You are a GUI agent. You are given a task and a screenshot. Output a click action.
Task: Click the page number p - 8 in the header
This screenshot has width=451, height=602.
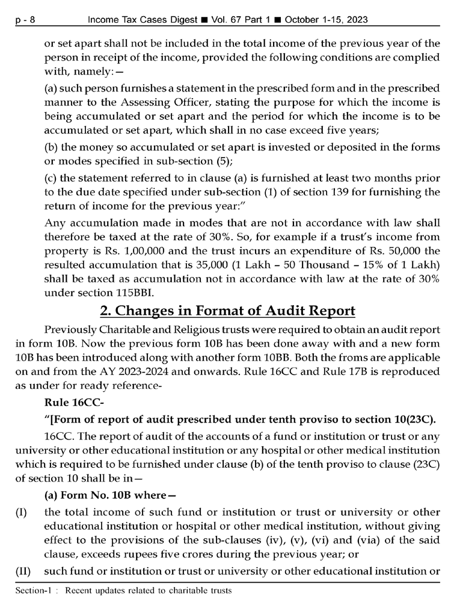[x=25, y=20]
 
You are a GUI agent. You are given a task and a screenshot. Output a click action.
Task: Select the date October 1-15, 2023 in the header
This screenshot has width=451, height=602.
[x=326, y=20]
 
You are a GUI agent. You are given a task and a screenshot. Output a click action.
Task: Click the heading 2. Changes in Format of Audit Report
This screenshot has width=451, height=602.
[x=227, y=312]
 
